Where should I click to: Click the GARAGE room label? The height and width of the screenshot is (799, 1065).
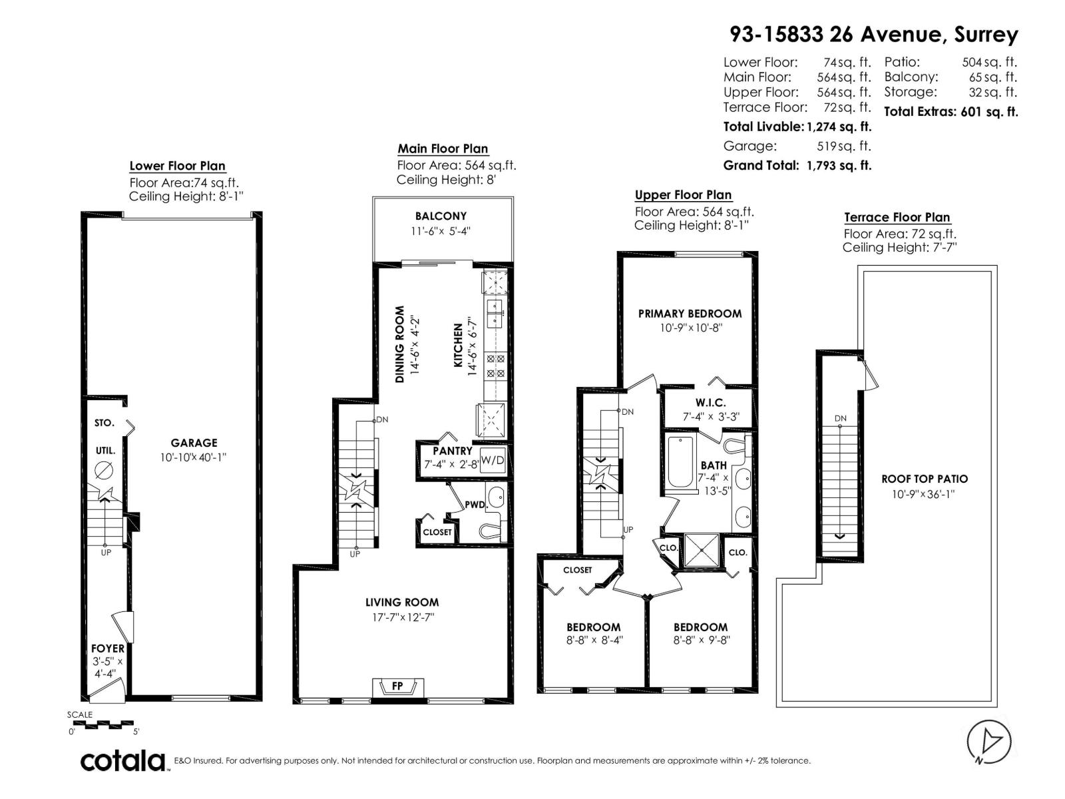pos(194,443)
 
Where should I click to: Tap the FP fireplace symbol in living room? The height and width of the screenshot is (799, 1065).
pos(397,686)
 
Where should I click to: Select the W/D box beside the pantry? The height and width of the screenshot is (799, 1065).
pos(493,460)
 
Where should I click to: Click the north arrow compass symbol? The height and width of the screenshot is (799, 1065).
pos(989,741)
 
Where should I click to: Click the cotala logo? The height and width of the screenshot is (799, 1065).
pos(124,760)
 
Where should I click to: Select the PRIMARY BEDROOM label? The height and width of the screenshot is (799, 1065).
pos(690,314)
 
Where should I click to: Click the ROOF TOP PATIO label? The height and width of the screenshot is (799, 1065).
pos(924,479)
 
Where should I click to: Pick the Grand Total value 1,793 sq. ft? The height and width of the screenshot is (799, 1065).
pos(839,166)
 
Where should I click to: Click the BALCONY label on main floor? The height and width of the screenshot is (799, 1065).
pos(441,216)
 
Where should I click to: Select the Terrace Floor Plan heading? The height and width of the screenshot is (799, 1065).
pos(897,218)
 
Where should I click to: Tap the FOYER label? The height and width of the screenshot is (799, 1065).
pos(108,648)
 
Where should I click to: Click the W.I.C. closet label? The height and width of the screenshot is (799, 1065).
pos(710,403)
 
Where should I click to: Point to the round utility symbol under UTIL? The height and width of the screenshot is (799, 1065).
pos(104,470)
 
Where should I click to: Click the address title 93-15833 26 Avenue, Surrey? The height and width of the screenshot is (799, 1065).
pos(873,34)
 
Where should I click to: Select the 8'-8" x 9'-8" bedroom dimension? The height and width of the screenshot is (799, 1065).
pos(700,641)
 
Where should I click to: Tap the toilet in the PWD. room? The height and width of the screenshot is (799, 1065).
pos(491,531)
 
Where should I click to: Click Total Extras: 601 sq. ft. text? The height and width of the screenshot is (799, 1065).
pos(951,112)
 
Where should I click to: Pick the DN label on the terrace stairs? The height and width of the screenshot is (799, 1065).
pos(841,419)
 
